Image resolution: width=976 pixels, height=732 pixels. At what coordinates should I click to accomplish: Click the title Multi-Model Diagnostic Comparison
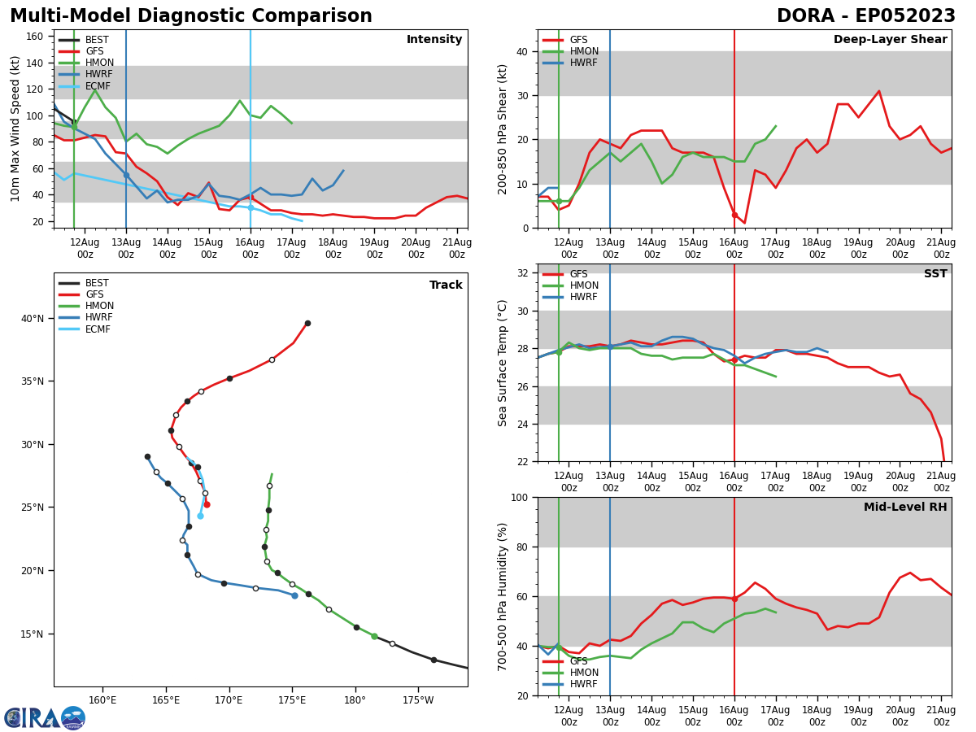click(x=191, y=16)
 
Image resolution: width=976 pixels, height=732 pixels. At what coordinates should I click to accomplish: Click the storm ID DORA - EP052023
click(x=865, y=16)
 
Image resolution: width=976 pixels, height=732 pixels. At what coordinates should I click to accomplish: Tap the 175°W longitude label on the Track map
click(x=417, y=699)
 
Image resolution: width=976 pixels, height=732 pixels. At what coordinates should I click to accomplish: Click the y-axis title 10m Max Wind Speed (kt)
click(x=15, y=129)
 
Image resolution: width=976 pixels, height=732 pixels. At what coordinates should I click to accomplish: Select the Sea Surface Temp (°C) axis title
click(x=503, y=363)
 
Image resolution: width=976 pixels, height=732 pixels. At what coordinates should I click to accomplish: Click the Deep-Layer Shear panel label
click(x=890, y=40)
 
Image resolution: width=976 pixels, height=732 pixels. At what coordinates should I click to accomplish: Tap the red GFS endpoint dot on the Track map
click(x=207, y=504)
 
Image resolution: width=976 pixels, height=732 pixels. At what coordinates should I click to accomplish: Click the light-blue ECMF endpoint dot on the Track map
click(x=200, y=516)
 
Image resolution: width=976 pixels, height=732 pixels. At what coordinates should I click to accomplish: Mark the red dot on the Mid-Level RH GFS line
click(x=734, y=599)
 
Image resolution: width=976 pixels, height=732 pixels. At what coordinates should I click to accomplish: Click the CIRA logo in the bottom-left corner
click(x=44, y=718)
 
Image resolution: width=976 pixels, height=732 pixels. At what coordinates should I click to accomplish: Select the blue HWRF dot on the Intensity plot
click(x=126, y=175)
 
